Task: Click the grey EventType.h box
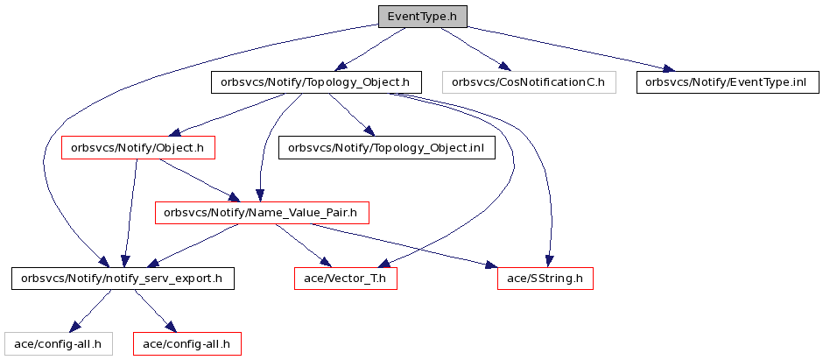(423, 17)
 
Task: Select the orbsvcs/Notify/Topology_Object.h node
(316, 82)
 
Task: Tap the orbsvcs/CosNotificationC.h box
(529, 82)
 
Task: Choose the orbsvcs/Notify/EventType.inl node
(728, 82)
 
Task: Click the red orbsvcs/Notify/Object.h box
(138, 148)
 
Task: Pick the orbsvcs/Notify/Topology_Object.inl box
(387, 148)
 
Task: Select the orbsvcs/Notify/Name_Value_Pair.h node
(262, 213)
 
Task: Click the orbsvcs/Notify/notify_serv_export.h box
(123, 279)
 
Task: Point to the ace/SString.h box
(545, 279)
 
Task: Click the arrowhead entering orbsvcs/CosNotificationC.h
(504, 67)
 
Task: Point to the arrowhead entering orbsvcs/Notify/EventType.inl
(669, 68)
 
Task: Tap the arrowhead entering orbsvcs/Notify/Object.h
(175, 132)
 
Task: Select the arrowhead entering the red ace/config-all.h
(168, 327)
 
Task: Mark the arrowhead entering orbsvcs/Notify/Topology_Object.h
(341, 67)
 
